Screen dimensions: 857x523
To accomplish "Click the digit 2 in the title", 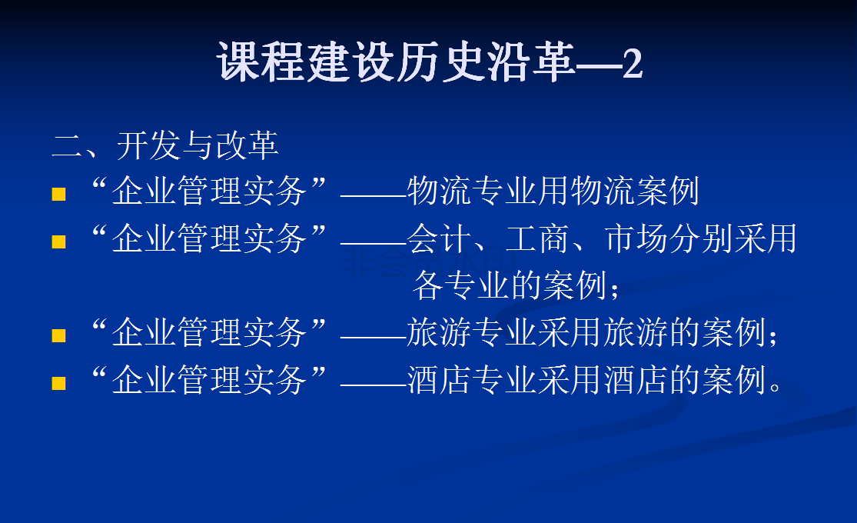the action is (633, 64).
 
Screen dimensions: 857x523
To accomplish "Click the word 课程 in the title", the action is (261, 62).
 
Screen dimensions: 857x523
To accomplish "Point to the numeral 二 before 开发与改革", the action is (67, 146).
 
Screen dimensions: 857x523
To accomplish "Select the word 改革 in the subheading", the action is (247, 145).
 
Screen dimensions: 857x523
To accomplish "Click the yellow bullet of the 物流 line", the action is (58, 195).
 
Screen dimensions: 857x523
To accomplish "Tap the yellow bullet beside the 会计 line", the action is (58, 242).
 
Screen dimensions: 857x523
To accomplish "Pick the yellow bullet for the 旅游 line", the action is (58, 335).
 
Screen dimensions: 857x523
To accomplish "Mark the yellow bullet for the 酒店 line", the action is (58, 382).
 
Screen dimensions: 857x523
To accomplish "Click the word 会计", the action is (439, 238).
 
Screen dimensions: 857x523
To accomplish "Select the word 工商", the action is (537, 238).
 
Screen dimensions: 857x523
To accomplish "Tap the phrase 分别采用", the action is (733, 238).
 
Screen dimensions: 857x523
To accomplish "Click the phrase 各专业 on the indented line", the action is (460, 285).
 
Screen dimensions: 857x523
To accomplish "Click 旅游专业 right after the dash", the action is (472, 332).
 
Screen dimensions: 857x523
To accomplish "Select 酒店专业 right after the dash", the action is (472, 380).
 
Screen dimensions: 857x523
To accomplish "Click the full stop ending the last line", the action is (775, 386).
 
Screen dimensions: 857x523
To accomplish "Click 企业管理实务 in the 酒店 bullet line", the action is (209, 380).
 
